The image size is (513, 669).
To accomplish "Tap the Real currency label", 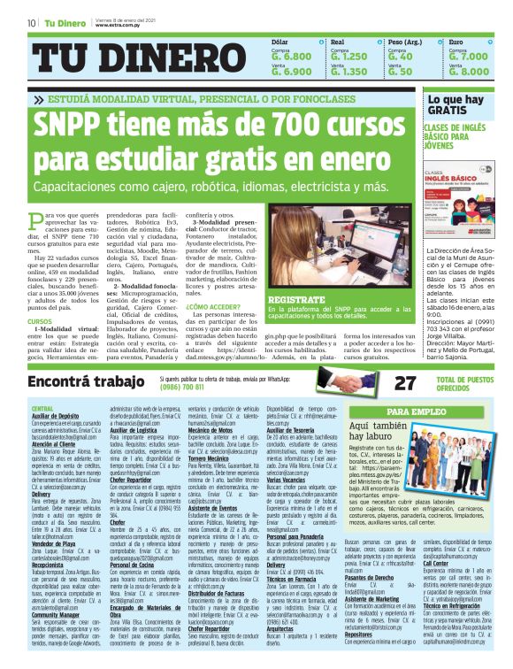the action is tap(337, 42).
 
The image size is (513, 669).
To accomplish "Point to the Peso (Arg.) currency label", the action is tap(405, 42).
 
